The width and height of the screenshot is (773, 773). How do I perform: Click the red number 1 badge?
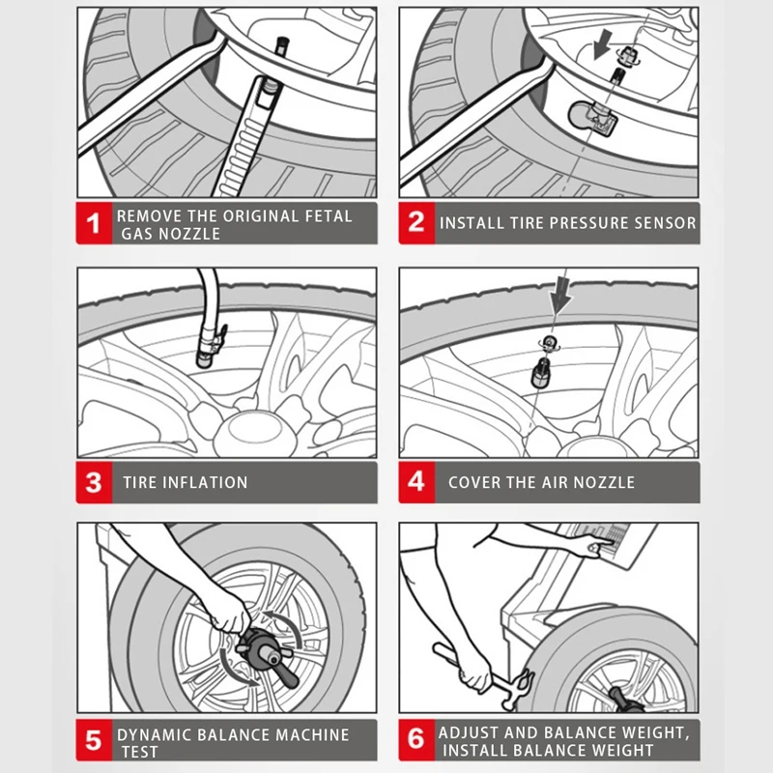[94, 224]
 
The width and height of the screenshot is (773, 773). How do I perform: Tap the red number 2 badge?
[415, 223]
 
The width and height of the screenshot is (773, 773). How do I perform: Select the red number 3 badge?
[94, 482]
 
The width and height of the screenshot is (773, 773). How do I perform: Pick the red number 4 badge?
[415, 482]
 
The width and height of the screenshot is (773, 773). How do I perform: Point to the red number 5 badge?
[94, 740]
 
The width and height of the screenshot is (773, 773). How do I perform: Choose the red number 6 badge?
[415, 740]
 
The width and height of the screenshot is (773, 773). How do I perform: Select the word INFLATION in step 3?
[209, 482]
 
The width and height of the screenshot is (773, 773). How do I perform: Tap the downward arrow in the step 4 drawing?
[559, 295]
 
